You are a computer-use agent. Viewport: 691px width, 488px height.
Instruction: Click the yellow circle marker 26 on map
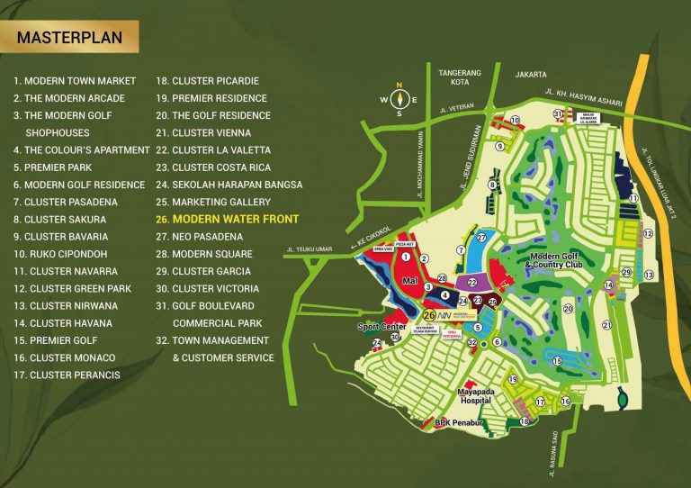point(430,316)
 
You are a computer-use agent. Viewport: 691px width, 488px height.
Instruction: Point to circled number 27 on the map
point(482,237)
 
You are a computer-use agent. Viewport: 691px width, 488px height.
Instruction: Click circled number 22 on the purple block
point(472,282)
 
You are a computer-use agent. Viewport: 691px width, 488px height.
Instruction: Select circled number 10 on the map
point(515,120)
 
